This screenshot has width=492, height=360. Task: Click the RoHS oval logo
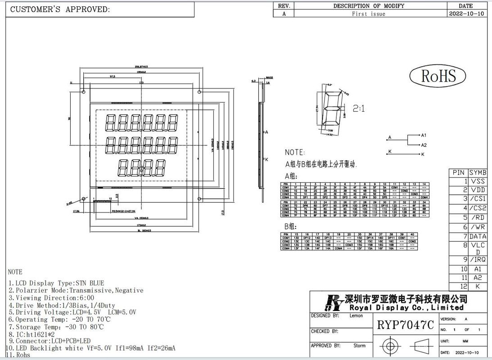click(x=438, y=76)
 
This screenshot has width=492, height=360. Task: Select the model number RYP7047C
click(x=405, y=325)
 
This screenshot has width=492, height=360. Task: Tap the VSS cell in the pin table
click(x=478, y=181)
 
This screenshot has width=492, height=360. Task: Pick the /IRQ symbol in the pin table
click(x=478, y=260)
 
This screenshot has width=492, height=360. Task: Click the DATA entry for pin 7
click(x=478, y=236)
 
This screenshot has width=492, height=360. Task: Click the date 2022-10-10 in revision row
click(x=467, y=14)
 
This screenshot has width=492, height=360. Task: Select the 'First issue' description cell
click(x=368, y=14)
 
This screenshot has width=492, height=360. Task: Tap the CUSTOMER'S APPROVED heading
click(x=59, y=9)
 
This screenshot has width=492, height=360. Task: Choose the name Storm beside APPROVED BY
click(x=359, y=346)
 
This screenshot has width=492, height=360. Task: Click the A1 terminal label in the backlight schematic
click(x=423, y=135)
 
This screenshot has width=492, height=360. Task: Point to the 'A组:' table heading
click(x=291, y=176)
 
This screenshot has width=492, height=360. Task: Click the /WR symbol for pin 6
click(x=478, y=227)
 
